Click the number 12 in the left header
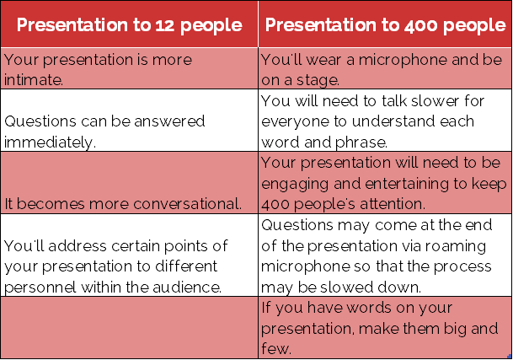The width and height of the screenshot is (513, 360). tap(166, 25)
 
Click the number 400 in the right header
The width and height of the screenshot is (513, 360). tap(420, 25)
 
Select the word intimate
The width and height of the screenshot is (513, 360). tap(34, 79)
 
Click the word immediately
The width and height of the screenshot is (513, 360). tap(50, 142)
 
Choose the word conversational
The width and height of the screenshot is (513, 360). tap(188, 204)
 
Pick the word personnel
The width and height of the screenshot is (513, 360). tap(40, 287)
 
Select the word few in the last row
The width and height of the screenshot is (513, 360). tap(275, 348)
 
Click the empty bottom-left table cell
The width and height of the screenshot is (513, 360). tap(130, 327)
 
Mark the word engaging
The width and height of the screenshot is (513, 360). tap(295, 184)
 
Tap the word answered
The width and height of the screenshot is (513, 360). tap(169, 121)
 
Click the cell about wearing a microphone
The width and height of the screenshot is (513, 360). tap(385, 68)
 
